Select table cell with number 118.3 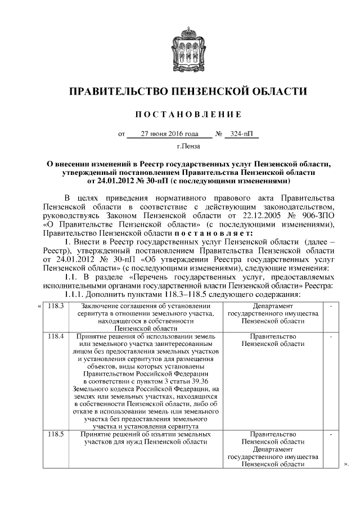tap(56, 305)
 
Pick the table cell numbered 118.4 tap(56, 336)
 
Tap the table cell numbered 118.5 tap(56, 434)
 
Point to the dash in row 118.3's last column tap(331, 305)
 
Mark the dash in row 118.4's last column tap(331, 336)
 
